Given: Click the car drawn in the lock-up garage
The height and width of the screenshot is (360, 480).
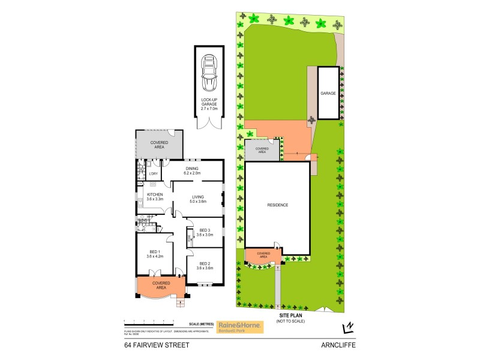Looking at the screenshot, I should click(210, 70).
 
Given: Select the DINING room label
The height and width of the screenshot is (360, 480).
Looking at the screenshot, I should click(192, 171).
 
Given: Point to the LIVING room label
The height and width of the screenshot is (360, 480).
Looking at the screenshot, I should click(199, 199).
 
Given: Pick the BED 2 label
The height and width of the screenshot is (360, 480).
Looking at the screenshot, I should click(205, 266).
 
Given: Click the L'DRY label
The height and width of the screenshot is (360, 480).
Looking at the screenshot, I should click(152, 174).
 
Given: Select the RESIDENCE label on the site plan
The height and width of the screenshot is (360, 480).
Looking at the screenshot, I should click(278, 205).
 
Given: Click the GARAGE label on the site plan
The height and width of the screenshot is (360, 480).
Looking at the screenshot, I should click(328, 94).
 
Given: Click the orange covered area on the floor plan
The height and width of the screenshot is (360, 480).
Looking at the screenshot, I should click(160, 285).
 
